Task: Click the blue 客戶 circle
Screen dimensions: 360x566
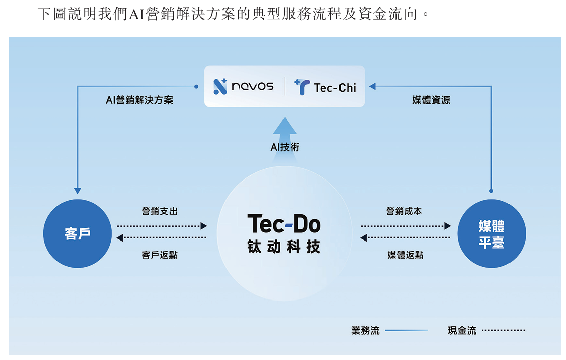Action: (x=78, y=233)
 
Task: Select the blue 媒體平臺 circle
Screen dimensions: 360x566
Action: (x=491, y=233)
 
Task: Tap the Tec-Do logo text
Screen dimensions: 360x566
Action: (x=284, y=224)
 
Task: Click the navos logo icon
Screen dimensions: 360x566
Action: (x=220, y=86)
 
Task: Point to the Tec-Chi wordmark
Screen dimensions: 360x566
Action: (x=334, y=88)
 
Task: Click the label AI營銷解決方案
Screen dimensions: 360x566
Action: (x=139, y=100)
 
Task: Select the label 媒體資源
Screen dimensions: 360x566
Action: (x=431, y=100)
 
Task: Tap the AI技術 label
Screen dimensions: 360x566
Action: (x=285, y=147)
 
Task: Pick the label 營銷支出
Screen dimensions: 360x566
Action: (x=160, y=211)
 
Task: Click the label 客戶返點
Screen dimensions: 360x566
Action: (x=160, y=255)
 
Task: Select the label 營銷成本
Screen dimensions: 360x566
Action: (x=404, y=211)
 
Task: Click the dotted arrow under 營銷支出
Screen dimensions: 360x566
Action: (x=161, y=226)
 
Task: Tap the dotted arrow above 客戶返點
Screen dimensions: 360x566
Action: (x=161, y=237)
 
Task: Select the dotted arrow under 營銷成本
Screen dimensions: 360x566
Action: (x=406, y=226)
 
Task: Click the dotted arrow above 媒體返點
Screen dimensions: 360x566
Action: (x=406, y=237)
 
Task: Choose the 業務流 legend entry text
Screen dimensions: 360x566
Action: (x=365, y=331)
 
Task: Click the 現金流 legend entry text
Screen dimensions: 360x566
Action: (x=462, y=331)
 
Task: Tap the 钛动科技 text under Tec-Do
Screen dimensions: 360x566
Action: (x=284, y=247)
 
